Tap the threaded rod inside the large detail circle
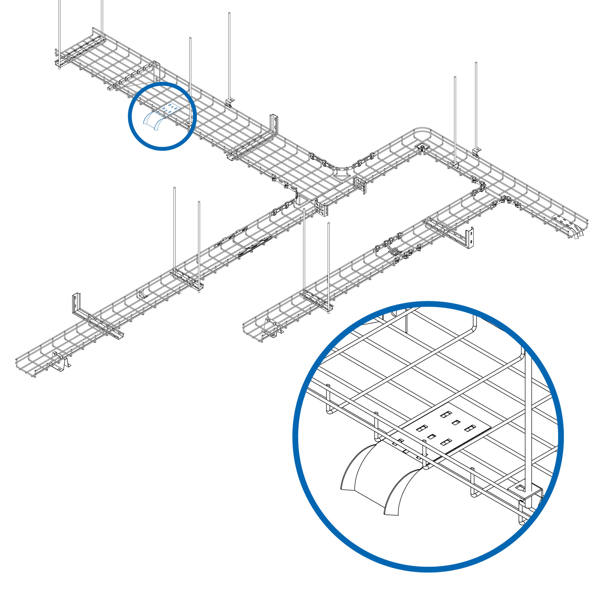pos(528,419)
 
